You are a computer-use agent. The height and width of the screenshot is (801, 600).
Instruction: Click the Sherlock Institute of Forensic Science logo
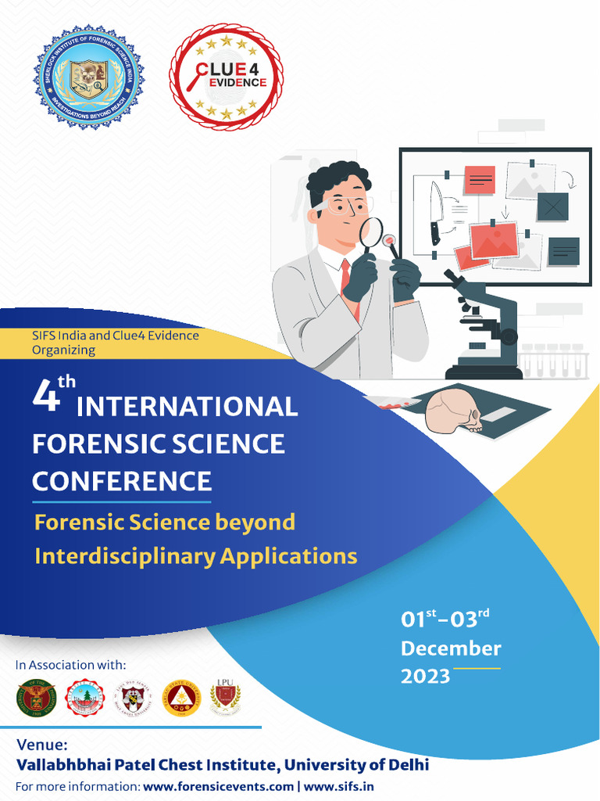88,77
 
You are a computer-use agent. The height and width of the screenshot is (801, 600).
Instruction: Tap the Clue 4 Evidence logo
226,77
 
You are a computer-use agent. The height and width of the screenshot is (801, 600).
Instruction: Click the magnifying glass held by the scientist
371,232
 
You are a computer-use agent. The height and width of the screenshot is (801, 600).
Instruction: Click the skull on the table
453,411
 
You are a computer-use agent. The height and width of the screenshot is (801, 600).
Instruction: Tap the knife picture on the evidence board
435,211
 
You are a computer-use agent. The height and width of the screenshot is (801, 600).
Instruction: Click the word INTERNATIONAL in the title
187,407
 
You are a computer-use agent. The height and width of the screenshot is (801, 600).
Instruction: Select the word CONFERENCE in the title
122,480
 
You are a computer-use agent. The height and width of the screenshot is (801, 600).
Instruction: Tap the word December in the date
451,648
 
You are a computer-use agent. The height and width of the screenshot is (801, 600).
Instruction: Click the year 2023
426,676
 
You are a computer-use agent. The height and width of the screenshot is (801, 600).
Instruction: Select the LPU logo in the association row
225,696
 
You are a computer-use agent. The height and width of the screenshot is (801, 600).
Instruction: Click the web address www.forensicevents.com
219,786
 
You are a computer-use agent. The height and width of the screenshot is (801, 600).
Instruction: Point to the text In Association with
70,666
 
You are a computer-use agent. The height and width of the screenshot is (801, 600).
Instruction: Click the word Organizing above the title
64,350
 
